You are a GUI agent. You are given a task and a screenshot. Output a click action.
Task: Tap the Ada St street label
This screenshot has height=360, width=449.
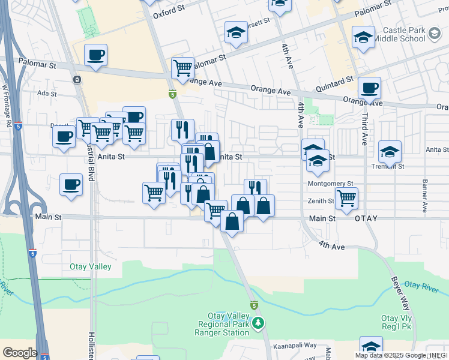46,94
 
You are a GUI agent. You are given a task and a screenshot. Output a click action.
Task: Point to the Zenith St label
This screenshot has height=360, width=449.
322,202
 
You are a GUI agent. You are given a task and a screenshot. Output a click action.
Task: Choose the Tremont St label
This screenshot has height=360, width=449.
388,166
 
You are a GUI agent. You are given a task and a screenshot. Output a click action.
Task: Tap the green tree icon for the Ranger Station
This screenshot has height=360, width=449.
259,324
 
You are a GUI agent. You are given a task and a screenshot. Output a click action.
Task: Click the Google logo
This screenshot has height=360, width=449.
20,353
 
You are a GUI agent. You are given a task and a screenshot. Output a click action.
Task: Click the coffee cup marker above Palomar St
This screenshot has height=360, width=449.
95,56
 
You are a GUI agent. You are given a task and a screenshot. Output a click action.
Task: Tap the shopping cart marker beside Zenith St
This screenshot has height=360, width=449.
346,197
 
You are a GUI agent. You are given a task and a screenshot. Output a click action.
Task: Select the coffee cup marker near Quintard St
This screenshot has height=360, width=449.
369,88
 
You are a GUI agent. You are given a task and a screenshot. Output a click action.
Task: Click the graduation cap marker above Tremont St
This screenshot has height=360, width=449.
390,151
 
